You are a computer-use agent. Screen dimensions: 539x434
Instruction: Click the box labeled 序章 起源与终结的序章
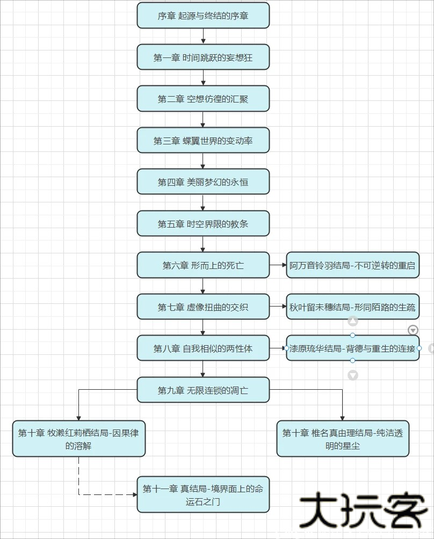(x=203, y=16)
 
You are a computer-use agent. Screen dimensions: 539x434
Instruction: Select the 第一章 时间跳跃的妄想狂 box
(x=203, y=57)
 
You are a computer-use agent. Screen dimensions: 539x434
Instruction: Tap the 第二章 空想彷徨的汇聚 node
(x=203, y=99)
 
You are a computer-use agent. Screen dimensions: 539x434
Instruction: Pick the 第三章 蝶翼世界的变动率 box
(x=203, y=141)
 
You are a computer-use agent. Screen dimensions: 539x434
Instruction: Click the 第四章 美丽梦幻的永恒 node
(x=203, y=182)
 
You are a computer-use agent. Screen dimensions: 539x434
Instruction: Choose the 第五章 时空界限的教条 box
(x=203, y=224)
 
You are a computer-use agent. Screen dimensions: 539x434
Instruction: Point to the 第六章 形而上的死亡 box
(x=203, y=265)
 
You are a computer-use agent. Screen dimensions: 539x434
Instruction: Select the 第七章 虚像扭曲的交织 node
(x=203, y=307)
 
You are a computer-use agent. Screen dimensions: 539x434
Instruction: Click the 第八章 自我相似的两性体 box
(x=203, y=348)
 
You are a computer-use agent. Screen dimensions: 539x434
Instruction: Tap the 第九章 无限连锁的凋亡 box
(x=203, y=390)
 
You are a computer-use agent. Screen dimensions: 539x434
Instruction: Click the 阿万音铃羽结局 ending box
(x=352, y=265)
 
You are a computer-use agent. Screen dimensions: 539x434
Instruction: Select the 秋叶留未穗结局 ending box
(x=352, y=307)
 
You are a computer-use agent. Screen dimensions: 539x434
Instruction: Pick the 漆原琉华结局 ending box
(x=352, y=348)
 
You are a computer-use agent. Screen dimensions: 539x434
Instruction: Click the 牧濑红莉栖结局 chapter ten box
(x=78, y=439)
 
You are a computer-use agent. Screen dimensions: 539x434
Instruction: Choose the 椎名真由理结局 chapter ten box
(x=343, y=439)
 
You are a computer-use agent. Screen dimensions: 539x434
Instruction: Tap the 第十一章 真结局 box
(x=203, y=494)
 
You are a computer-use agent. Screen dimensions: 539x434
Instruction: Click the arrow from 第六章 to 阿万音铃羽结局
(x=278, y=265)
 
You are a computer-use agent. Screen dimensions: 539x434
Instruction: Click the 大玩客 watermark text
(x=363, y=509)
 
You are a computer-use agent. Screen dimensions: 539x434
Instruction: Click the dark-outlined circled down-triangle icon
(x=413, y=330)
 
